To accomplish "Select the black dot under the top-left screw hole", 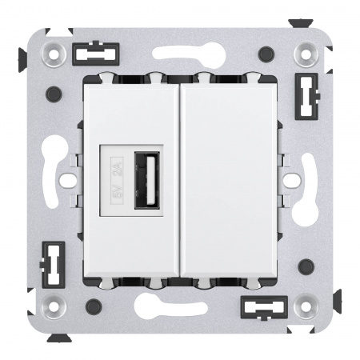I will click(54, 93).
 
